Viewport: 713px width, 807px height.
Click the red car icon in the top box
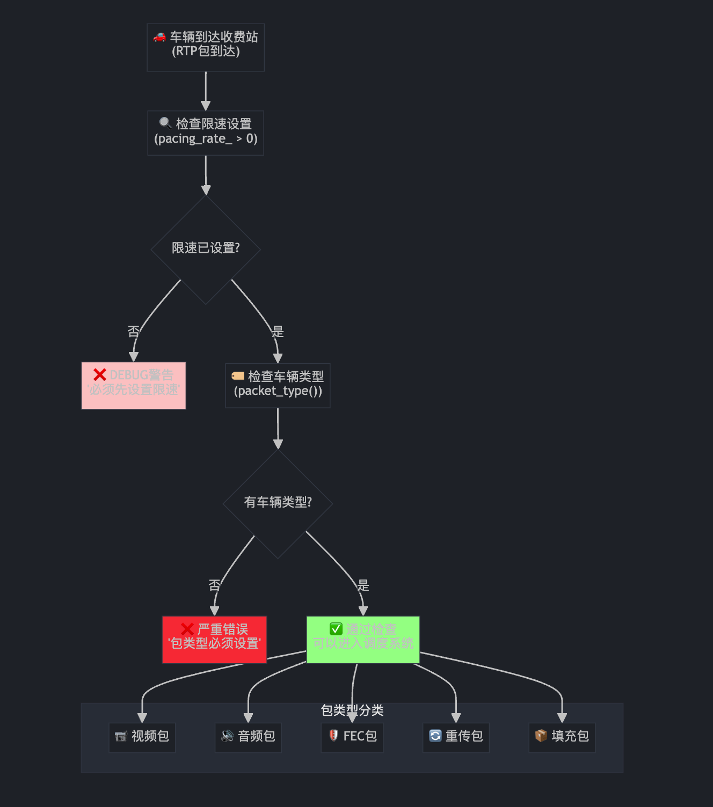(x=159, y=37)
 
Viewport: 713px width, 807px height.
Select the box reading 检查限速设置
(x=206, y=133)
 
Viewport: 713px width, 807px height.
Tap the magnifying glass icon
(x=165, y=123)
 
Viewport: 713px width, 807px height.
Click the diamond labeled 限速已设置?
(x=206, y=248)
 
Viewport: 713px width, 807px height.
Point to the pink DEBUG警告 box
(x=133, y=385)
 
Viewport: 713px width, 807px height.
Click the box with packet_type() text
(x=278, y=385)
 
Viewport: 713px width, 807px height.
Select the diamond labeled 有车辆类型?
(x=278, y=503)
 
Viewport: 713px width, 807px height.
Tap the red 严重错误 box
(x=214, y=640)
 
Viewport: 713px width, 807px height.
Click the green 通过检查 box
(x=363, y=640)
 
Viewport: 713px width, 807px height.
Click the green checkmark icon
(x=336, y=629)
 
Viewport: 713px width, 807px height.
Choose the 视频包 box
(x=142, y=737)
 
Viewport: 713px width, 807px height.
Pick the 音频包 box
(x=248, y=737)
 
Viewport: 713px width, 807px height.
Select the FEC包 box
(x=352, y=737)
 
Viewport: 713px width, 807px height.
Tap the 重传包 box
(x=456, y=737)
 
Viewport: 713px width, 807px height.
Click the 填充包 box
(x=562, y=737)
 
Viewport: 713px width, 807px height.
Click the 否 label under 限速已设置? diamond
(x=134, y=332)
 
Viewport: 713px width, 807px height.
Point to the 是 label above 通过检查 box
(x=363, y=585)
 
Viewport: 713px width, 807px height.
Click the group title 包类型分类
(x=352, y=710)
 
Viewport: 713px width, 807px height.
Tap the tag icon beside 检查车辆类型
(x=238, y=376)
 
